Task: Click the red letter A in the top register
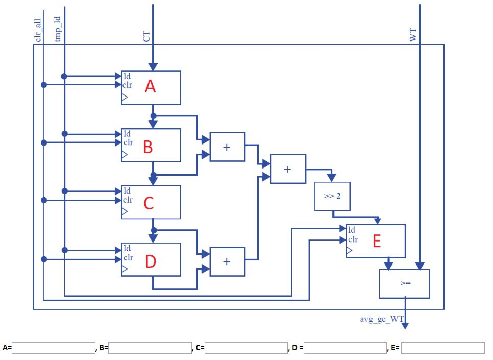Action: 150,87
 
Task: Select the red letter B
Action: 147,147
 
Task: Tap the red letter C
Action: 149,204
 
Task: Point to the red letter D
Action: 150,261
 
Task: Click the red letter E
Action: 376,241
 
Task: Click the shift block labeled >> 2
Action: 332,196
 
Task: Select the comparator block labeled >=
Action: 404,283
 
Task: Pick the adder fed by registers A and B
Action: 227,147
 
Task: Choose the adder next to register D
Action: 227,261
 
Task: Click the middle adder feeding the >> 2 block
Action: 288,169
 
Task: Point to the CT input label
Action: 146,36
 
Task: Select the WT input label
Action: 413,35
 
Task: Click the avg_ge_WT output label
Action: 381,319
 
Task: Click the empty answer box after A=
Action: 54,348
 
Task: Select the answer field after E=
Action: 442,348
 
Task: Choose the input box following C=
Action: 246,348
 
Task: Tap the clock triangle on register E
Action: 350,251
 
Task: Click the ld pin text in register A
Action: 127,76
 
